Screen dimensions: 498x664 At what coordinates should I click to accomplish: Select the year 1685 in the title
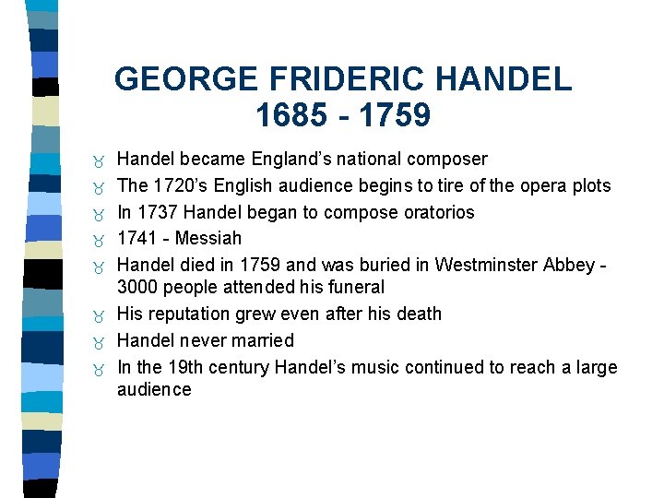pyautogui.click(x=292, y=115)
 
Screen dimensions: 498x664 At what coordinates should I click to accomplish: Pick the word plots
pyautogui.click(x=589, y=185)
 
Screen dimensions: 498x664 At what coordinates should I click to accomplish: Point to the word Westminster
pyautogui.click(x=488, y=265)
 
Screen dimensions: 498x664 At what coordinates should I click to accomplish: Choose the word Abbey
pyautogui.click(x=571, y=265)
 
